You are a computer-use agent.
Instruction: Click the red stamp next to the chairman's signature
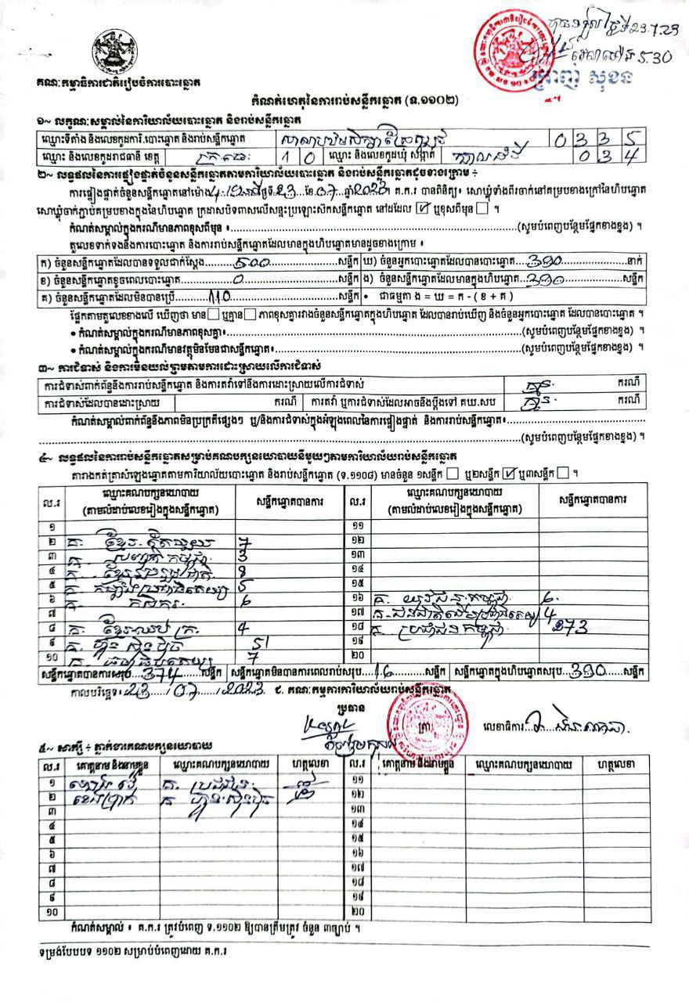[x=427, y=720]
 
